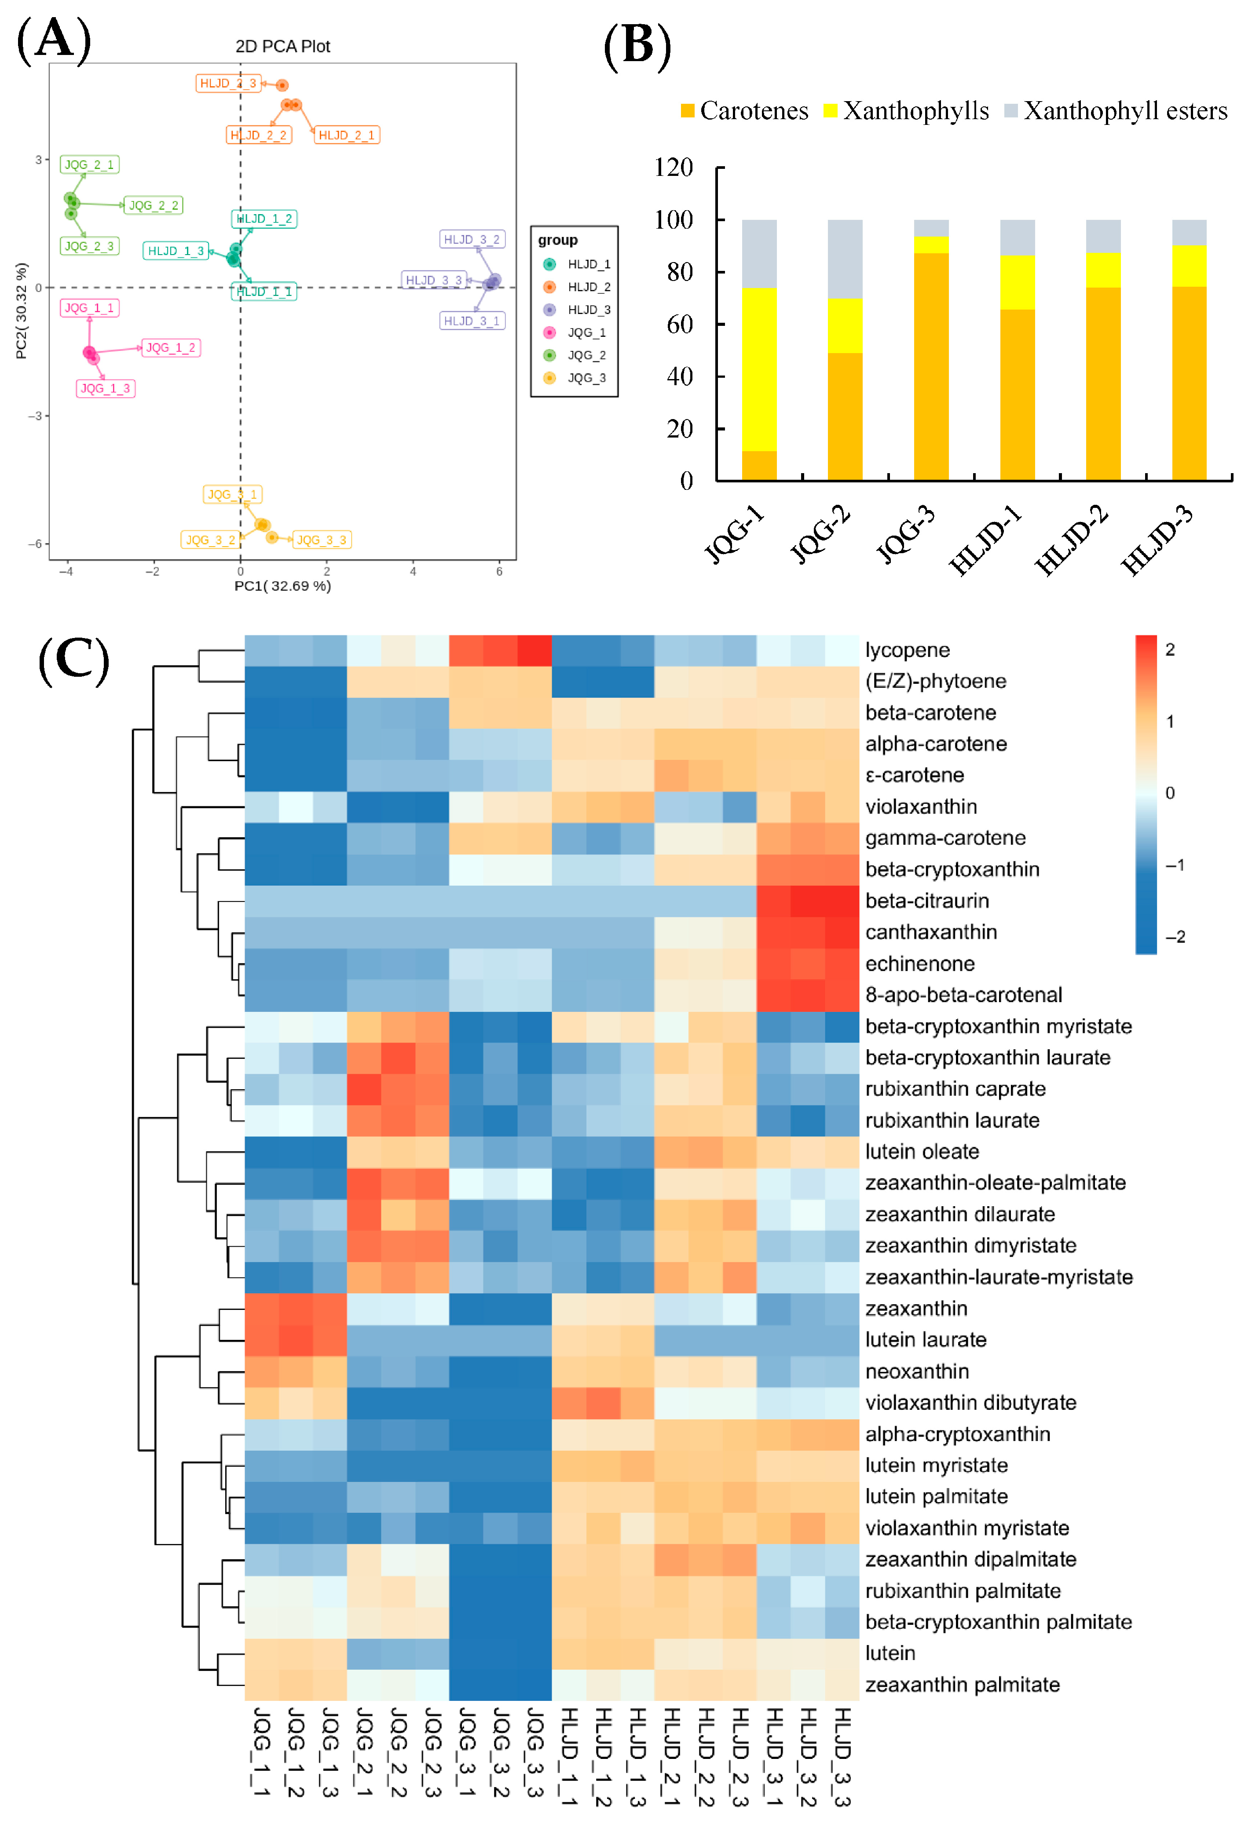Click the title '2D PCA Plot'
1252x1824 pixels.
pos(282,46)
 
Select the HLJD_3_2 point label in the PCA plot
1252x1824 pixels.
pos(471,239)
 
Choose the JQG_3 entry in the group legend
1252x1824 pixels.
pos(586,378)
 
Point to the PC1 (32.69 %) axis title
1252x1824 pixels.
pos(282,586)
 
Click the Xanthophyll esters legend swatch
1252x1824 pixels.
pos(1011,111)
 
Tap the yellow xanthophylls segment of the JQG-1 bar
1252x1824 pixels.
pos(759,369)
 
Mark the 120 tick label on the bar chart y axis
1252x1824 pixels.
pos(674,167)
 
